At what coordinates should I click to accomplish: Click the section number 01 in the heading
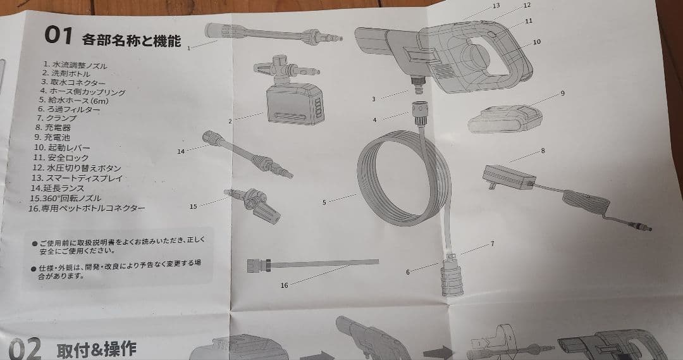(x=59, y=36)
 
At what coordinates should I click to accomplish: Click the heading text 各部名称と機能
(x=131, y=41)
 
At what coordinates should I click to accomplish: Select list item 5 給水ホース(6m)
(x=73, y=100)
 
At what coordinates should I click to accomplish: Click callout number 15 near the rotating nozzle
(x=194, y=207)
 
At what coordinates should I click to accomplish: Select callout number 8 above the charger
(x=543, y=151)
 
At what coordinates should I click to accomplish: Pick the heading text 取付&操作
(x=96, y=349)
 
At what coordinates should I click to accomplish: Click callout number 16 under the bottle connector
(x=284, y=285)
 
